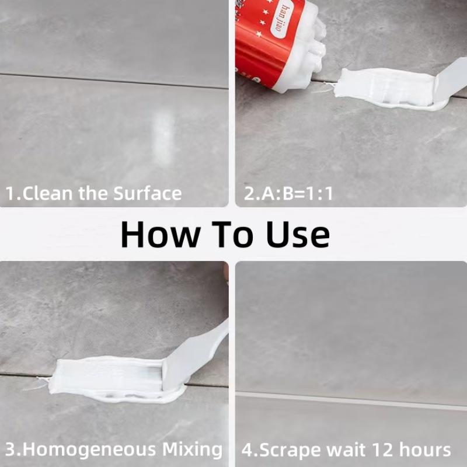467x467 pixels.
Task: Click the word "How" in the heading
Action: pyautogui.click(x=155, y=233)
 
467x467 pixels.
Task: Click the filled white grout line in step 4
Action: pyautogui.click(x=350, y=400)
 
